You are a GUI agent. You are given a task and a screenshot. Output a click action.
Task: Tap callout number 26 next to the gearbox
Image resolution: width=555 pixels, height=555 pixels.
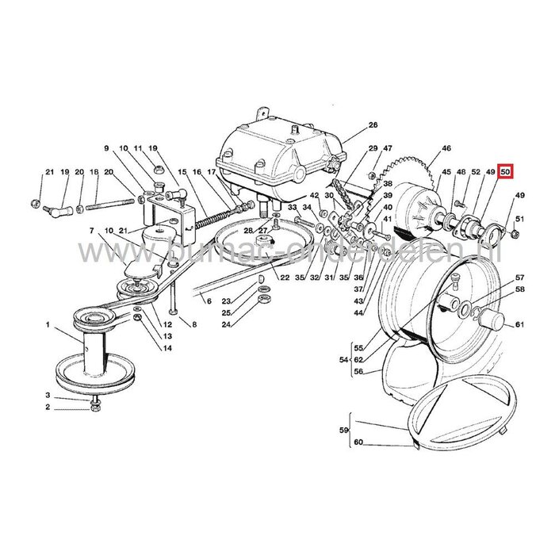click(373, 125)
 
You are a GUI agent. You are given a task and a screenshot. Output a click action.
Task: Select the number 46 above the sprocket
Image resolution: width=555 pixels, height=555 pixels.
click(446, 148)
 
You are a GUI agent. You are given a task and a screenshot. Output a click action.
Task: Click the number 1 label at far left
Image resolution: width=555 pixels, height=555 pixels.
click(47, 325)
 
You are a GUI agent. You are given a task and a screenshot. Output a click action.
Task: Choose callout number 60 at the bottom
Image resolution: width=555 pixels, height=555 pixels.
click(358, 442)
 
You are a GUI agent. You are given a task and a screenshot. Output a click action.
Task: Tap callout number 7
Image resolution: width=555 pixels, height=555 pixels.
click(92, 231)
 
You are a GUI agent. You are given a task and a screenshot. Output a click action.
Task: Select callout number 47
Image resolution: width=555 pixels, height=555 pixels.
click(388, 148)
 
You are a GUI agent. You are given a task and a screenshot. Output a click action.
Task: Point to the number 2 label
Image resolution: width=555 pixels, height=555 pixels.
click(47, 408)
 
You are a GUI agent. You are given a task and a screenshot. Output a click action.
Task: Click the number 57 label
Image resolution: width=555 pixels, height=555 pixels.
click(520, 277)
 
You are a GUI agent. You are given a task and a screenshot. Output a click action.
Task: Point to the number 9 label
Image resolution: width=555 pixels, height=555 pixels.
click(104, 148)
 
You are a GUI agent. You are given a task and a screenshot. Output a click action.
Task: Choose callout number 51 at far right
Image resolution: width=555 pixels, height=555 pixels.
click(520, 219)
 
